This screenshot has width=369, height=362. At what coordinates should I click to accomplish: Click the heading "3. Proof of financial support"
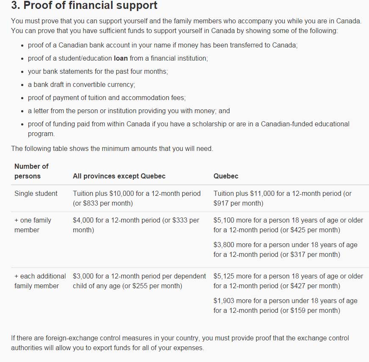(84, 6)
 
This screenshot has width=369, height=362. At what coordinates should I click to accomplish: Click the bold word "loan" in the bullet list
(121, 58)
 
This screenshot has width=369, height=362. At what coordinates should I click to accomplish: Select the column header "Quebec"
(226, 176)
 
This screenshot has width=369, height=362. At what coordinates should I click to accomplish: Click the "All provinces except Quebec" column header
(119, 176)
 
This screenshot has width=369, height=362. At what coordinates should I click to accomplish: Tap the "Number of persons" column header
(31, 171)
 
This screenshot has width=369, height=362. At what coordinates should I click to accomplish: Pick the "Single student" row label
(36, 194)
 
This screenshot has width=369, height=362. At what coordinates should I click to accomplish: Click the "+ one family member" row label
(33, 225)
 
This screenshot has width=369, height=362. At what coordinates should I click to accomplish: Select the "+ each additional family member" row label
(40, 281)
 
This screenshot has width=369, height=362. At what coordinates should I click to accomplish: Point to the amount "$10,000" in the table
(121, 194)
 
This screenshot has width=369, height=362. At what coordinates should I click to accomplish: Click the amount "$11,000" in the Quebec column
(262, 194)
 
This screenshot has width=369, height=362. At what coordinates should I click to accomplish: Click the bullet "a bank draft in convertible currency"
(81, 85)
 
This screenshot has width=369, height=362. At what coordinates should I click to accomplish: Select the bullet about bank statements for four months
(98, 72)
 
